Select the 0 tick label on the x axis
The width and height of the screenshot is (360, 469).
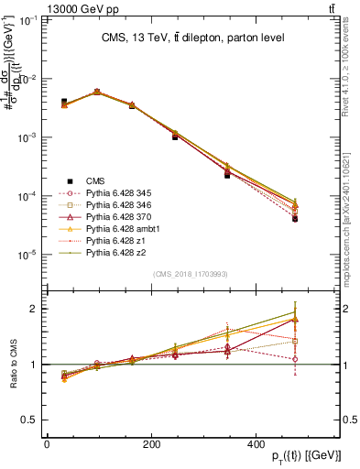(47, 444)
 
